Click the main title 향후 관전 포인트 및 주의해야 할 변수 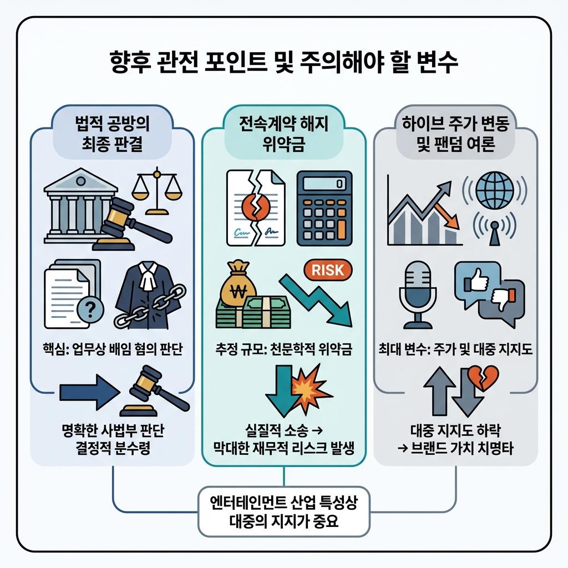283,62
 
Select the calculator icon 324,208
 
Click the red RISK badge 328,270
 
